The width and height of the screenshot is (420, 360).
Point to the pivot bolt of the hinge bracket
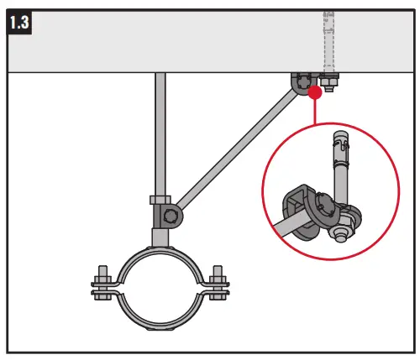pyautogui.click(x=171, y=217)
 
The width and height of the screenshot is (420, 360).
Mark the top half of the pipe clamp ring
pyautogui.click(x=160, y=257)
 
